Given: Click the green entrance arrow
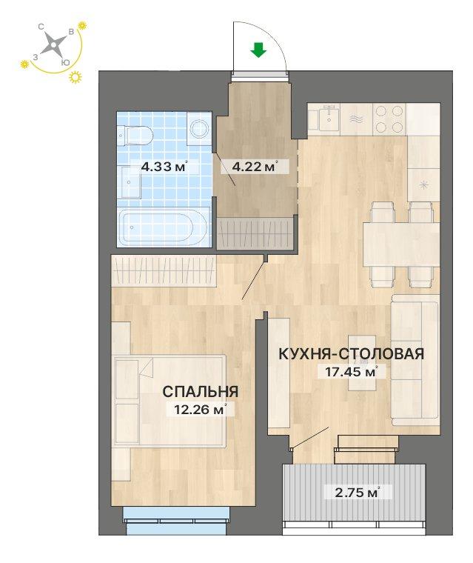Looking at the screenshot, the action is (x=258, y=50).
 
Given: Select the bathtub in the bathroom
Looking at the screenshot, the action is (x=164, y=227).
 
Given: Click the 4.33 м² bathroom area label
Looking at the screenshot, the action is (x=165, y=167).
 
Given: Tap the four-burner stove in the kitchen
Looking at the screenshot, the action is (x=389, y=119).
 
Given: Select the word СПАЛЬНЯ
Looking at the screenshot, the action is (x=201, y=391).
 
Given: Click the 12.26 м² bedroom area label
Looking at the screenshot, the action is (x=201, y=409).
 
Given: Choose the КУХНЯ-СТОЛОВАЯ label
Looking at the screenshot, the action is (x=352, y=354).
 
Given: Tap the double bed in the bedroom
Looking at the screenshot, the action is (x=169, y=401).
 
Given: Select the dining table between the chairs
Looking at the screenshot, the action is (x=402, y=244).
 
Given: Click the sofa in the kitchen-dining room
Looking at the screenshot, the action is (x=415, y=360).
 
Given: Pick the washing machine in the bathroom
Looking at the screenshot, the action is (x=199, y=129).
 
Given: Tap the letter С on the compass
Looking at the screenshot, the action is (x=41, y=27).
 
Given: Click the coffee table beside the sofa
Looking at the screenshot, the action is (x=362, y=363).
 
